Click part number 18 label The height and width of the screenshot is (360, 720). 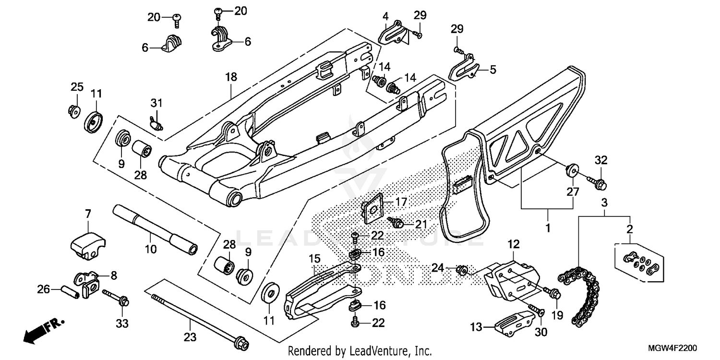(x=231, y=77)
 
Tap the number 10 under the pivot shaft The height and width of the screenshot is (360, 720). (x=150, y=249)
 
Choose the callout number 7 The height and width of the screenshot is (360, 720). (x=88, y=213)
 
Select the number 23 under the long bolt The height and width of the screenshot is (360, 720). (x=190, y=337)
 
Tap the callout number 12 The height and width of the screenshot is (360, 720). (x=514, y=244)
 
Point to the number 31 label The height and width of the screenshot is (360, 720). (x=157, y=103)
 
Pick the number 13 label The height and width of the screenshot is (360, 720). (x=476, y=328)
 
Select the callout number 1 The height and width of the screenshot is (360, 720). (x=548, y=226)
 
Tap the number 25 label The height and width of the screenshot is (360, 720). (x=77, y=87)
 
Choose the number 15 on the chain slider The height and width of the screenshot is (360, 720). (x=314, y=259)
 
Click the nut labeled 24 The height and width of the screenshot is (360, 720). (x=463, y=270)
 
